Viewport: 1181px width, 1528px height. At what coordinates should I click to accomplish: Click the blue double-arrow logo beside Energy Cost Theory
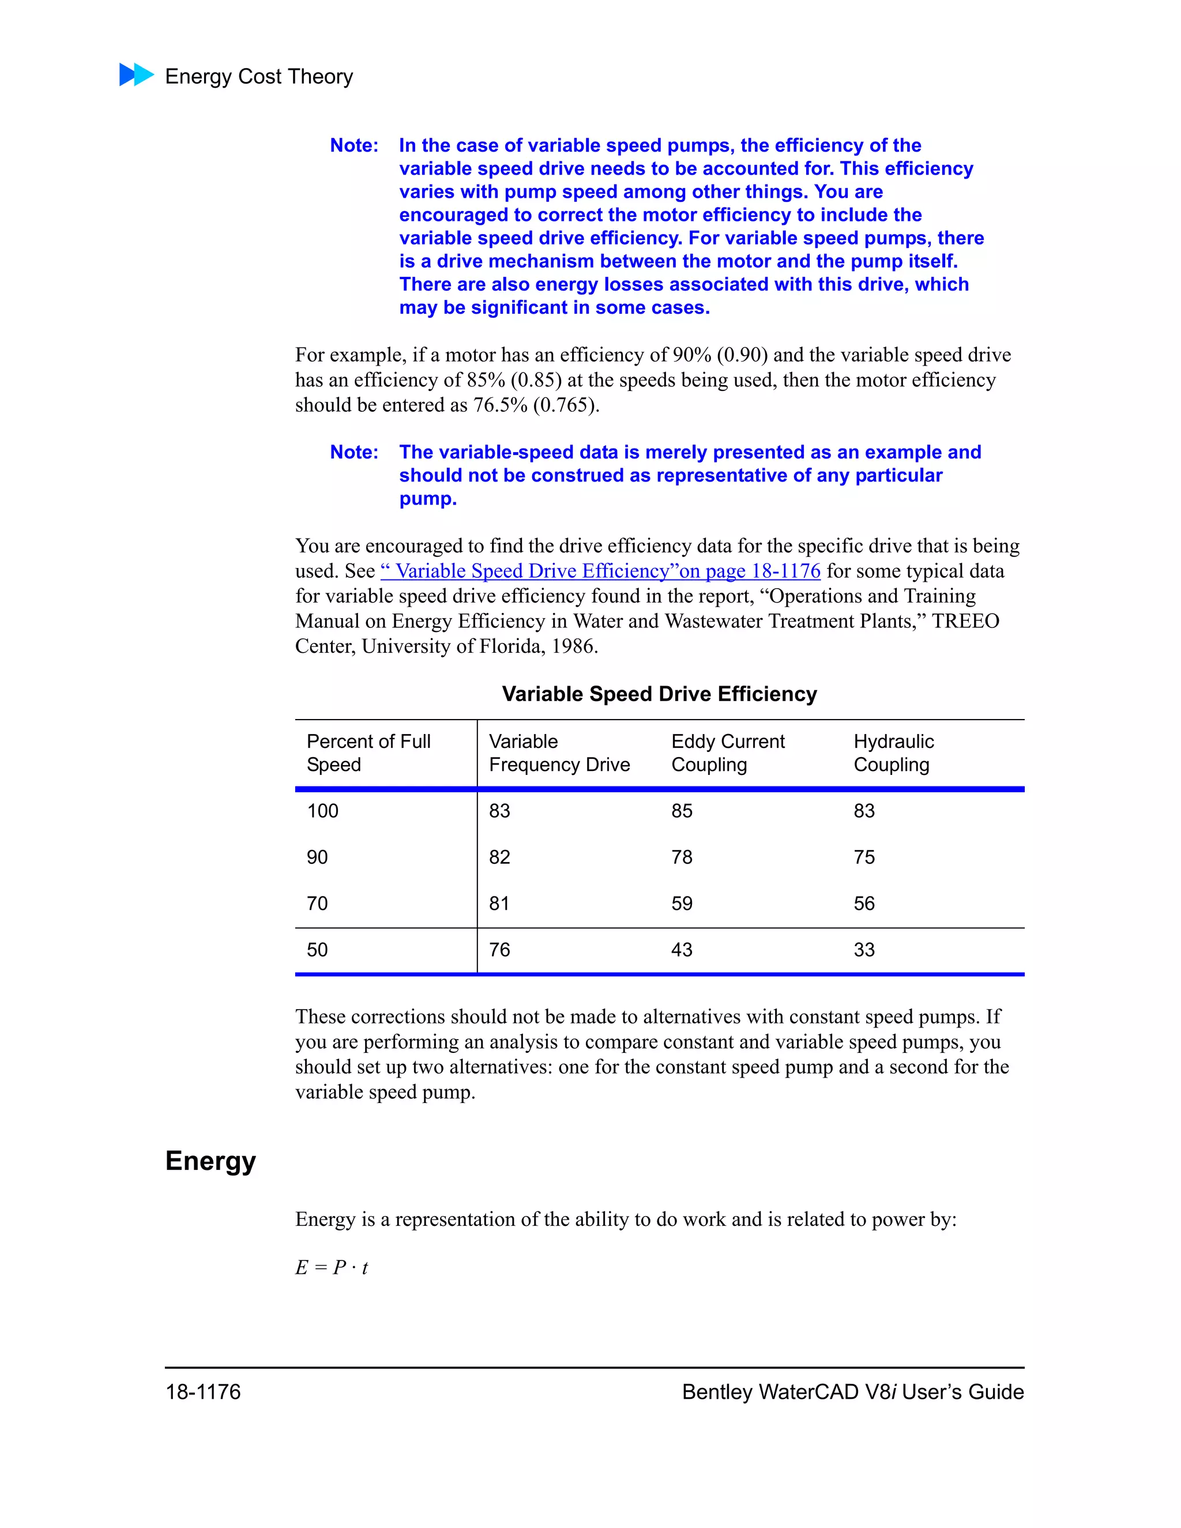coord(137,75)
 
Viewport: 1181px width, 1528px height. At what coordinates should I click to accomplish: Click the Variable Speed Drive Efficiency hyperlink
coord(600,571)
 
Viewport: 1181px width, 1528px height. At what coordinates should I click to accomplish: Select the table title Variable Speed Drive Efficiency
coord(659,694)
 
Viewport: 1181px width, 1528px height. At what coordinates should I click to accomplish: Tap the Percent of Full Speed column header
coord(368,753)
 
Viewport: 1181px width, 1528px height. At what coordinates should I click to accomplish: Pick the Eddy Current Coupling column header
coord(728,753)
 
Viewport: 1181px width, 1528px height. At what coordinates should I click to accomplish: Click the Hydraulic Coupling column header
coord(893,753)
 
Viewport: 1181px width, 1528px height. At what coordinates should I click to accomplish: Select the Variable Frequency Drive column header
coord(559,753)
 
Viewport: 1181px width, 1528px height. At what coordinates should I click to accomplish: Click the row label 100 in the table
coord(322,811)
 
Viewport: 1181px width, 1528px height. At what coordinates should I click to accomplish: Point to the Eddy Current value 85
coord(682,811)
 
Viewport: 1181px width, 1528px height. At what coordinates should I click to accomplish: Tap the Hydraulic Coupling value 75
coord(864,857)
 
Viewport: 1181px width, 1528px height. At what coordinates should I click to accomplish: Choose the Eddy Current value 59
coord(682,903)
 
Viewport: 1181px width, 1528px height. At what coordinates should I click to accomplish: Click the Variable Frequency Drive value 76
coord(499,950)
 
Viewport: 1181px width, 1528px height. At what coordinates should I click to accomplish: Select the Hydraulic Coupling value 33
coord(864,950)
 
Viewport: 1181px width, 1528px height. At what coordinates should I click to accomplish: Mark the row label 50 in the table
coord(317,950)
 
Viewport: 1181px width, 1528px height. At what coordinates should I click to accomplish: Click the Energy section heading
coord(210,1161)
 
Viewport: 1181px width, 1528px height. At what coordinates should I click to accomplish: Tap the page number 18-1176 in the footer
coord(203,1391)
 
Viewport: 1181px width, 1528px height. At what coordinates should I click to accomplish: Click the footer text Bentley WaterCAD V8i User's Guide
coord(852,1391)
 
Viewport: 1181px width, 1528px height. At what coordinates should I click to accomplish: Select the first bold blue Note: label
coord(354,145)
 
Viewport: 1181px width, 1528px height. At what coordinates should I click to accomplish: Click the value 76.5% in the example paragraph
coord(500,405)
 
